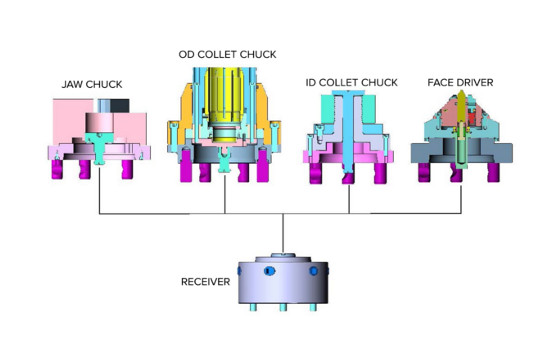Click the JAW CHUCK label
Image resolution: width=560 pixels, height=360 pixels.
click(x=92, y=84)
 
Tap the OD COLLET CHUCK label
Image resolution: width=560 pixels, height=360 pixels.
click(x=228, y=54)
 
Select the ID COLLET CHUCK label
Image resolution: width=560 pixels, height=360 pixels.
click(x=351, y=82)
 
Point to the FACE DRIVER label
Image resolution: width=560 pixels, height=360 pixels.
click(x=460, y=82)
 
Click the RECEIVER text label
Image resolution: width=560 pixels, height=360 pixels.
click(x=205, y=282)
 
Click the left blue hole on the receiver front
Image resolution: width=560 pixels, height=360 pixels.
click(x=270, y=271)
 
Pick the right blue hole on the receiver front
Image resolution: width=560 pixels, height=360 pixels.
click(x=314, y=271)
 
